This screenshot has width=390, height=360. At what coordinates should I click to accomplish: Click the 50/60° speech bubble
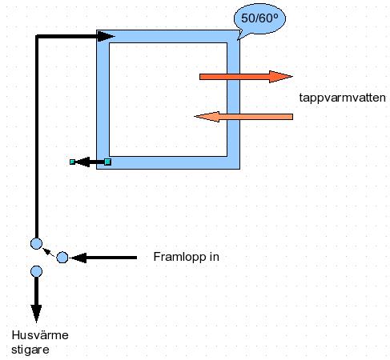(259, 18)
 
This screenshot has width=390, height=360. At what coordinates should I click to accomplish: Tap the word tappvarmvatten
(342, 98)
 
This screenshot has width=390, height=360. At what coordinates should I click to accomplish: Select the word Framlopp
(179, 257)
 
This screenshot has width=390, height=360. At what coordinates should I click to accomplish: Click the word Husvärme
(40, 335)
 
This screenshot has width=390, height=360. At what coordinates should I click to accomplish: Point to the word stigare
(30, 350)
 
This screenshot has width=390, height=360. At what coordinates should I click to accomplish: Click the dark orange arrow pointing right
(246, 77)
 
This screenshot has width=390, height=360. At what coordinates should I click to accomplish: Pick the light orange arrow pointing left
(243, 117)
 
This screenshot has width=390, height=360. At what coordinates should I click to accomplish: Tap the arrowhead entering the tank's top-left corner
(106, 36)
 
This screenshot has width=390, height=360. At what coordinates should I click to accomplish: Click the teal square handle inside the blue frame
(107, 162)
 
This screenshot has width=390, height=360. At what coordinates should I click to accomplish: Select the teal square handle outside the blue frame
(72, 162)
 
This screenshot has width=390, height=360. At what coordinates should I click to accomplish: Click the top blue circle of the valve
(36, 243)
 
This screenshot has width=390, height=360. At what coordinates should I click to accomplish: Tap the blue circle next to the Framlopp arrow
(62, 258)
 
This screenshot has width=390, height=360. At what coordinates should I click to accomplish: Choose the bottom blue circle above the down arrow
(36, 271)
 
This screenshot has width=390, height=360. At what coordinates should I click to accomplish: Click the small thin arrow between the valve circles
(49, 252)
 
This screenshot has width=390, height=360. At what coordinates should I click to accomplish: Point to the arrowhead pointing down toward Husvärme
(36, 314)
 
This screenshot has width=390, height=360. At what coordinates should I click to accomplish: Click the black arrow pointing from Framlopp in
(103, 258)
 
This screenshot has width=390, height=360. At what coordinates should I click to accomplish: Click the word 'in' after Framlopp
(215, 257)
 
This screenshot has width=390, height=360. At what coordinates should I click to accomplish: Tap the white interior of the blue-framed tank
(168, 99)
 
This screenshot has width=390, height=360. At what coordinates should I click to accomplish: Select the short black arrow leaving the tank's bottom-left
(90, 162)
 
